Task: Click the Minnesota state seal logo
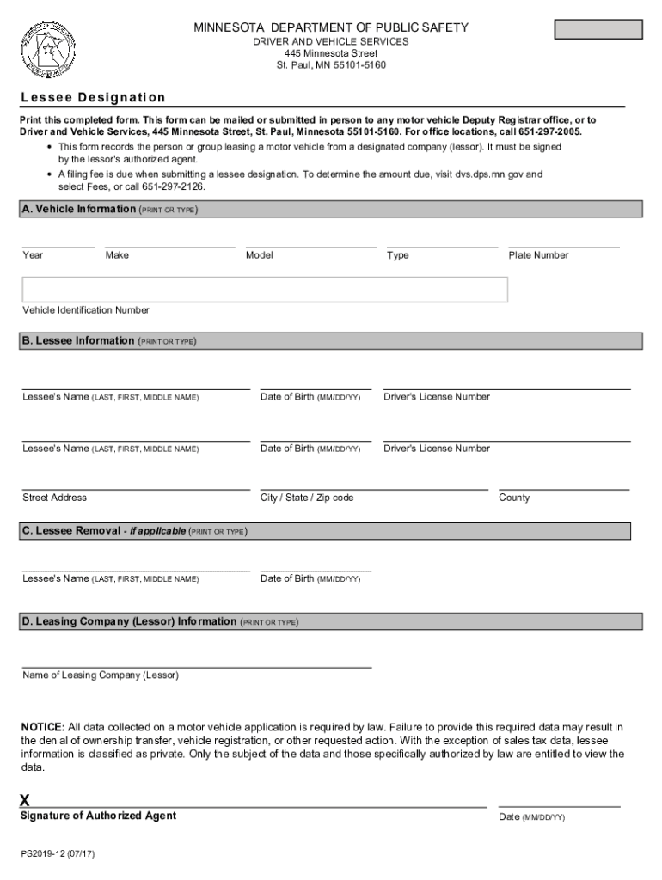(42, 47)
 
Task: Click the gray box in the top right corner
(598, 29)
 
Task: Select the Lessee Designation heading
(93, 98)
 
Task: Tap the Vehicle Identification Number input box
(265, 290)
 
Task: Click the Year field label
(34, 255)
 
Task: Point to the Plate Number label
(538, 255)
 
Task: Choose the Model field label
(259, 255)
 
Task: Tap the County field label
(514, 498)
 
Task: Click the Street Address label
(54, 498)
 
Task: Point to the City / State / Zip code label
(307, 498)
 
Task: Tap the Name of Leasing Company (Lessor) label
(101, 675)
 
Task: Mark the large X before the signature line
(25, 800)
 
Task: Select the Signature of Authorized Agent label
(98, 816)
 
